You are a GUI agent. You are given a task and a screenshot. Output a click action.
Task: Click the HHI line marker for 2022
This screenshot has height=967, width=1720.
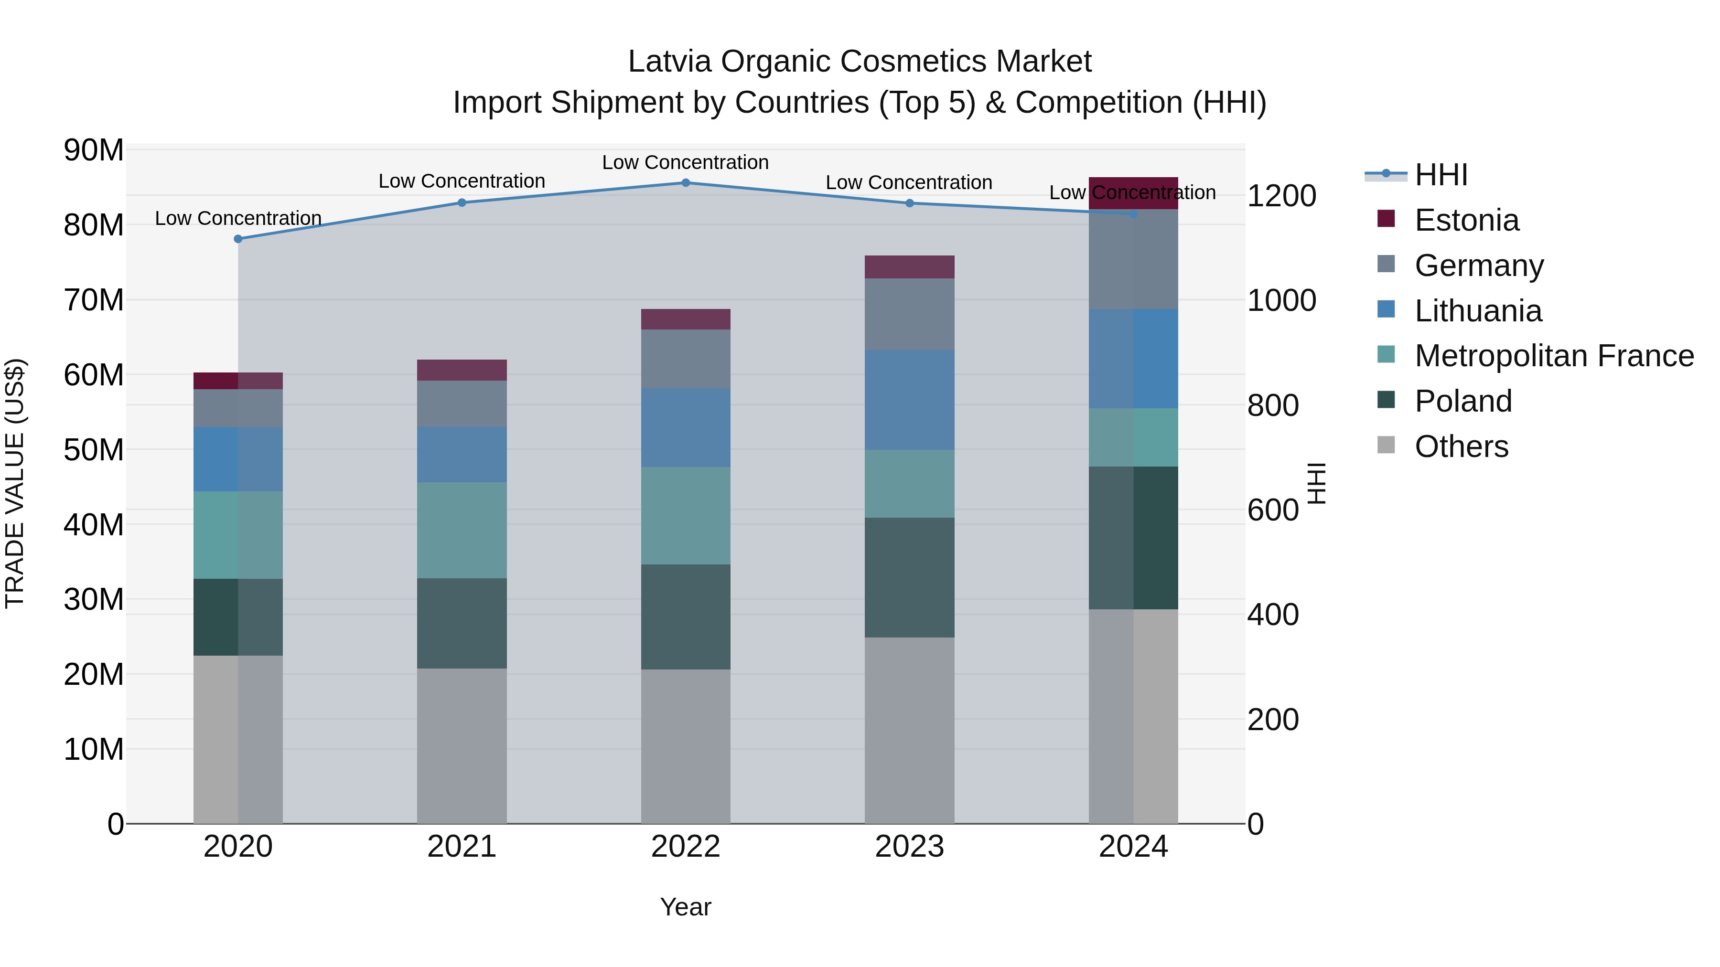pos(686,183)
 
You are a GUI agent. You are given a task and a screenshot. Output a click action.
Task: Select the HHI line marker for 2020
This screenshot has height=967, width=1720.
pos(238,239)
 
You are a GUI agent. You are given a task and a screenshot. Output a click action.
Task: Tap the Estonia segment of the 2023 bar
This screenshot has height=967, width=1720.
pos(909,267)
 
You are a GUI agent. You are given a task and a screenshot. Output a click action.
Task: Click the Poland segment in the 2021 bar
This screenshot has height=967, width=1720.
pos(462,623)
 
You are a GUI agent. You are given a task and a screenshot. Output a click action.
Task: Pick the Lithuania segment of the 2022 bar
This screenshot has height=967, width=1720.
pos(686,428)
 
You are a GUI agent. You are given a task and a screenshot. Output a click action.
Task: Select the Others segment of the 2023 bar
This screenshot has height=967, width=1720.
pos(909,730)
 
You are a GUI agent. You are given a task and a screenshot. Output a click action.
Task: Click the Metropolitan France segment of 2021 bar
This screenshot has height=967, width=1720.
pos(462,531)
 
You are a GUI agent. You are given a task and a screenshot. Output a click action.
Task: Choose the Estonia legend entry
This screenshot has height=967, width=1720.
pos(1466,220)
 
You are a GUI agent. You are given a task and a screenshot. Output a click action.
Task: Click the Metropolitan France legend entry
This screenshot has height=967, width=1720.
pos(1554,356)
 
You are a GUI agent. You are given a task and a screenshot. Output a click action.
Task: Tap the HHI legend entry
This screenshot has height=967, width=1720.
pos(1441,175)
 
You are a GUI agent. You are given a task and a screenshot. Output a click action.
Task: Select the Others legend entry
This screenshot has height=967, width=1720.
pos(1461,446)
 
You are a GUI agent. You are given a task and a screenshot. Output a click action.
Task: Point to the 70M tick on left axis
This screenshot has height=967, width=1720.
pos(94,300)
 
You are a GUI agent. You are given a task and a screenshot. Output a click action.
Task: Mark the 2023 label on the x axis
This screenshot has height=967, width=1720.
pos(909,847)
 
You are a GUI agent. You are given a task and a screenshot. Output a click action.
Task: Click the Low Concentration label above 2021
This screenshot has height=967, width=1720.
pos(462,181)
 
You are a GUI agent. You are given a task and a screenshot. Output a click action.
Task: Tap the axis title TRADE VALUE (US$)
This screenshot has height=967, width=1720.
pos(15,483)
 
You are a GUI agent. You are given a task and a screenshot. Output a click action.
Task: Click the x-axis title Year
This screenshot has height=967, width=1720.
pos(686,907)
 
